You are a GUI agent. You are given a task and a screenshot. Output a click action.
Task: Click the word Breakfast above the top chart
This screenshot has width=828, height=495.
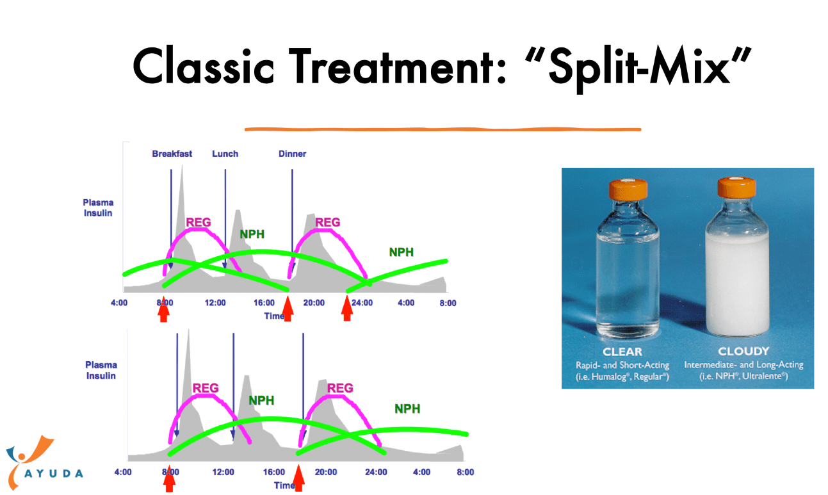point(172,154)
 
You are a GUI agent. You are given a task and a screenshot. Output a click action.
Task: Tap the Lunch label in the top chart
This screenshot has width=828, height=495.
point(225,154)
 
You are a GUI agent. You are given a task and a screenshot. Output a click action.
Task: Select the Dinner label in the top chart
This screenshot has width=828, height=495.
point(292,154)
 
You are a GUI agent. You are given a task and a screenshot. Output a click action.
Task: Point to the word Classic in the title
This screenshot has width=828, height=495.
point(203,67)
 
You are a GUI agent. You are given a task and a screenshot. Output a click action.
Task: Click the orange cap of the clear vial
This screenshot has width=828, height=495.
point(628,190)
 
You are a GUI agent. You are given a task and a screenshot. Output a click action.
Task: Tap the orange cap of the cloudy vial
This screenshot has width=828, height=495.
point(736,188)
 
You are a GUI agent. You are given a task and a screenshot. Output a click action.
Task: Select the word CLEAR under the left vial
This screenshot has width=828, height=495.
point(622,352)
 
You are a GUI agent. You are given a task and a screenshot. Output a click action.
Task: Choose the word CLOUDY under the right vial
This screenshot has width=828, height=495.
point(743,351)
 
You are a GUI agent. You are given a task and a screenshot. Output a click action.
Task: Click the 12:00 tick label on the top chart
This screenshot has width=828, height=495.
point(215,303)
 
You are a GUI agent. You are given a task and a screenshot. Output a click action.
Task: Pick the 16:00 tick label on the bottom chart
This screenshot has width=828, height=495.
point(274,472)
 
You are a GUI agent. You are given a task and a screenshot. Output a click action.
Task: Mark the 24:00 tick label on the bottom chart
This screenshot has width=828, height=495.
point(376,472)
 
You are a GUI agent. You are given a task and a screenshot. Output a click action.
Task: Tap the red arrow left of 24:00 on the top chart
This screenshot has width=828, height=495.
point(346,308)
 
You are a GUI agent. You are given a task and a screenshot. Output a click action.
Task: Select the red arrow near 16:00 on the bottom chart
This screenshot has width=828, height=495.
point(298,478)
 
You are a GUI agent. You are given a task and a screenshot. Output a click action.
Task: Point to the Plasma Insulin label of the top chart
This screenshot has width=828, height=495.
point(98,207)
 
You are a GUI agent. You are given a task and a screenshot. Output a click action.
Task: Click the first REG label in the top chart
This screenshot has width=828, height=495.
point(199,223)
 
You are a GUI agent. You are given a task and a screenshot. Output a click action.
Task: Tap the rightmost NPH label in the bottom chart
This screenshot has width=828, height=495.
point(407,409)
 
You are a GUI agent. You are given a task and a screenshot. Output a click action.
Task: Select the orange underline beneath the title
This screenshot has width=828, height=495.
point(443,129)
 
